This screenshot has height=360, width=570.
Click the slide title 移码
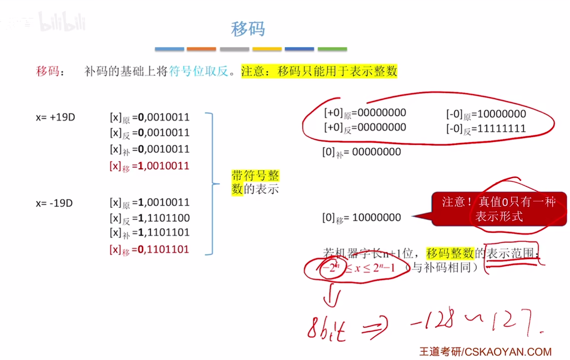click(x=248, y=29)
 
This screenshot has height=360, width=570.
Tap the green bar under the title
click(x=332, y=49)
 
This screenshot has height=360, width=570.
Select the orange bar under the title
click(x=201, y=49)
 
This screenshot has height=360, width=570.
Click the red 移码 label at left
click(x=48, y=71)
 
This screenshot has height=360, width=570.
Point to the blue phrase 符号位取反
click(x=199, y=71)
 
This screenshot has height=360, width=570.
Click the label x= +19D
click(x=55, y=117)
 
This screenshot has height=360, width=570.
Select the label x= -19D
click(x=54, y=203)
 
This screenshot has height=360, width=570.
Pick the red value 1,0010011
click(x=163, y=166)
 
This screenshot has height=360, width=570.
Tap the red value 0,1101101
click(x=163, y=249)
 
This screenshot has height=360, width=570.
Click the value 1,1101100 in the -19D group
click(x=164, y=218)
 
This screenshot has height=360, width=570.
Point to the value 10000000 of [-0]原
click(x=501, y=114)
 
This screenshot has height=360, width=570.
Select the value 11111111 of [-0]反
click(x=501, y=128)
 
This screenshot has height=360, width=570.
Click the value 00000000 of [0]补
click(x=376, y=152)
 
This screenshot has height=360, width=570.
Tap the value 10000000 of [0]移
click(x=376, y=218)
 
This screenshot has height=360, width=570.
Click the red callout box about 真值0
click(x=499, y=209)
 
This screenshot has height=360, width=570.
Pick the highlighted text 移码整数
click(x=450, y=253)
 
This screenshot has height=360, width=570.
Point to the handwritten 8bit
click(x=327, y=329)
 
